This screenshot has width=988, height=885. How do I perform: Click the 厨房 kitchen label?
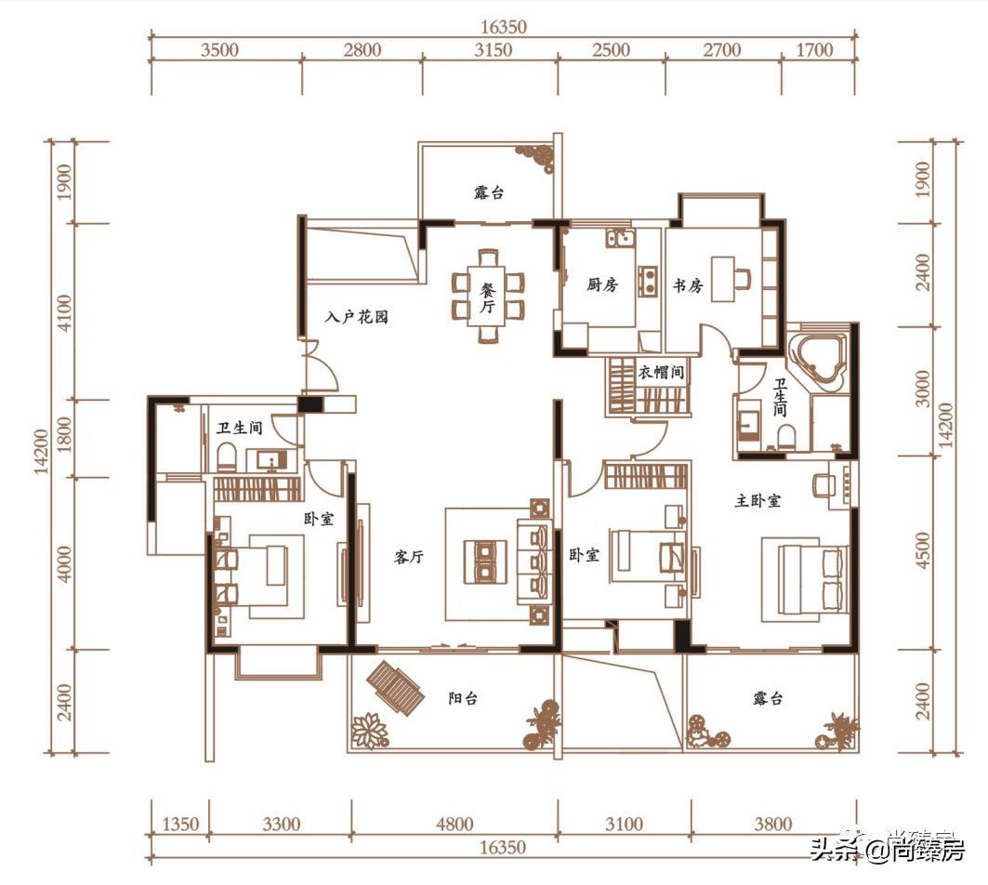(x=601, y=284)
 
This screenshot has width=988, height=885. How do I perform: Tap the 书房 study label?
(x=688, y=285)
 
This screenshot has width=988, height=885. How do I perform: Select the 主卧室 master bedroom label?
(x=758, y=500)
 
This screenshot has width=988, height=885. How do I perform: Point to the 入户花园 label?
(x=356, y=316)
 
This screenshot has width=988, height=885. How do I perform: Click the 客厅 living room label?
(x=409, y=557)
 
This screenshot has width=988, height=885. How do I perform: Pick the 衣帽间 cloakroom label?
(x=661, y=372)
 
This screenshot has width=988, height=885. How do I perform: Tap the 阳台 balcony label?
(x=463, y=698)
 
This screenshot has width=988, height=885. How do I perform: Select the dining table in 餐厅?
(x=488, y=295)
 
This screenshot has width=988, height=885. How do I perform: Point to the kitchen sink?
(x=620, y=238)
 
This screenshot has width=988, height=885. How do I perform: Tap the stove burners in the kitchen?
(x=648, y=282)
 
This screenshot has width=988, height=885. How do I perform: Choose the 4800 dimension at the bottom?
(x=454, y=824)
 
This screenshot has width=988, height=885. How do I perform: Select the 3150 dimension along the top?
(x=493, y=49)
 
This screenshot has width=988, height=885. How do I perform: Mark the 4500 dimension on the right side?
(x=922, y=549)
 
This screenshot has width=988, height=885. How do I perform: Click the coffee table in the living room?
(x=485, y=561)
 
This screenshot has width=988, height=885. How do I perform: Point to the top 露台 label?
(x=489, y=192)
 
